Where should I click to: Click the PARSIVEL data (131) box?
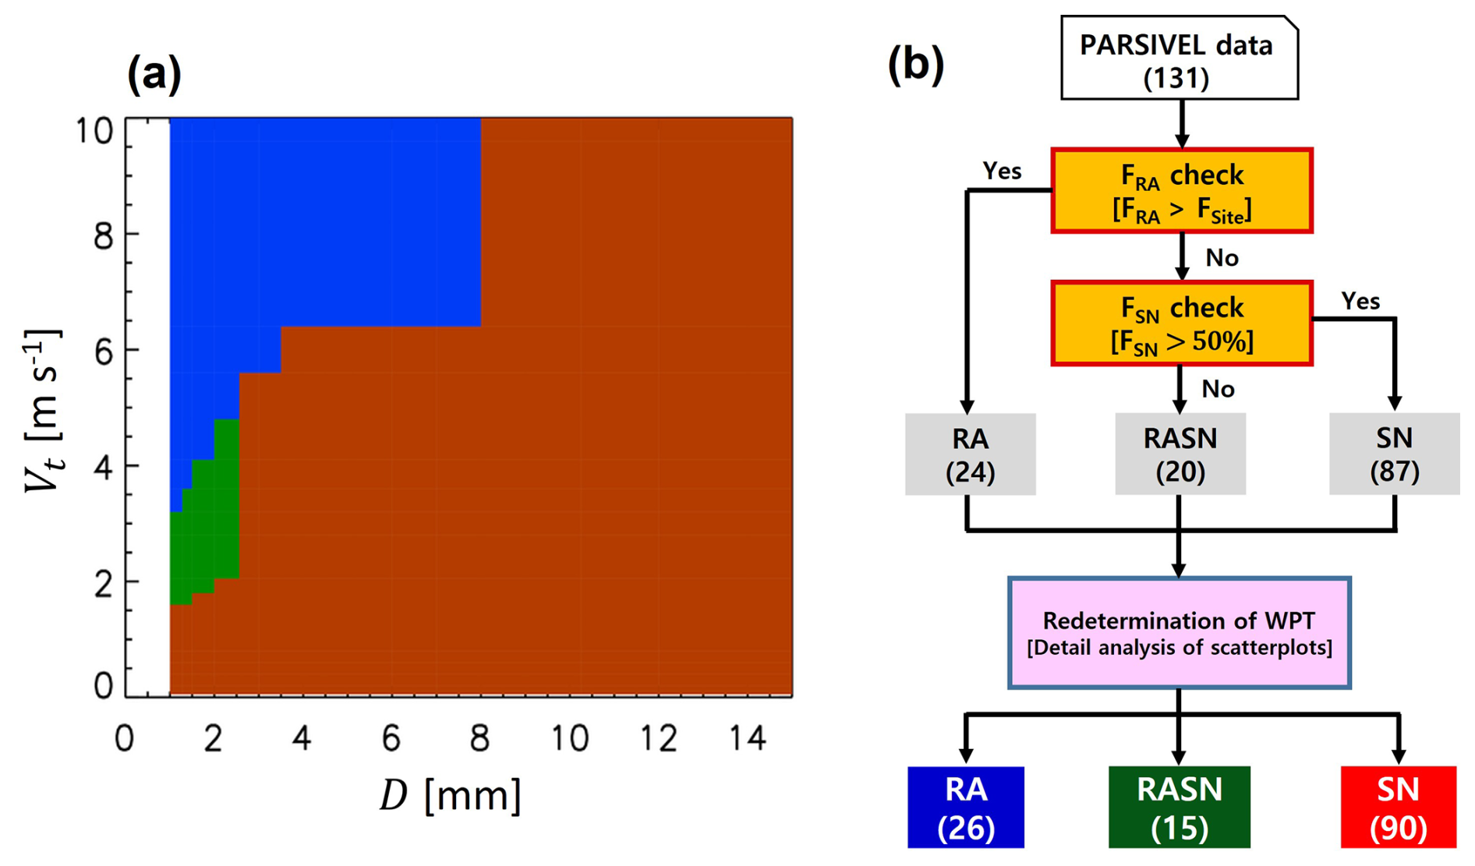click(1179, 59)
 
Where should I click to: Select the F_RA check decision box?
click(1181, 191)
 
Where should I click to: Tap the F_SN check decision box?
click(1181, 323)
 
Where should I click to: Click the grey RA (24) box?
click(970, 454)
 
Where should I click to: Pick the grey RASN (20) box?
click(1180, 454)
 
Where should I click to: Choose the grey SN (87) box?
click(1394, 454)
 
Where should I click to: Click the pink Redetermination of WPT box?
click(1179, 633)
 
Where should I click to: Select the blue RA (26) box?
click(965, 808)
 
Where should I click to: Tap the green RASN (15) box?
click(1179, 808)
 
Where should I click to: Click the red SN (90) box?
click(1398, 808)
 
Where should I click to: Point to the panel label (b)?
click(915, 65)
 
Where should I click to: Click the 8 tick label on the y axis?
click(103, 235)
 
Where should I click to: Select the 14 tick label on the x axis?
click(748, 737)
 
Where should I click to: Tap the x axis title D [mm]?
click(450, 796)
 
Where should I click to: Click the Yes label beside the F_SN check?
click(1360, 301)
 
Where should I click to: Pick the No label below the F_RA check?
click(1222, 258)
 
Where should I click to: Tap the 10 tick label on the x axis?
click(570, 737)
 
